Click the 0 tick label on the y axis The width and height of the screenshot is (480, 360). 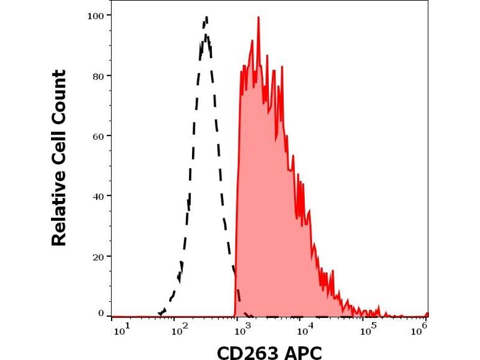100,313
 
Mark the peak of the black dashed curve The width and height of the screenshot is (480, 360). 206,18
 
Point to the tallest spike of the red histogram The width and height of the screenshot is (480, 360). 258,17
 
